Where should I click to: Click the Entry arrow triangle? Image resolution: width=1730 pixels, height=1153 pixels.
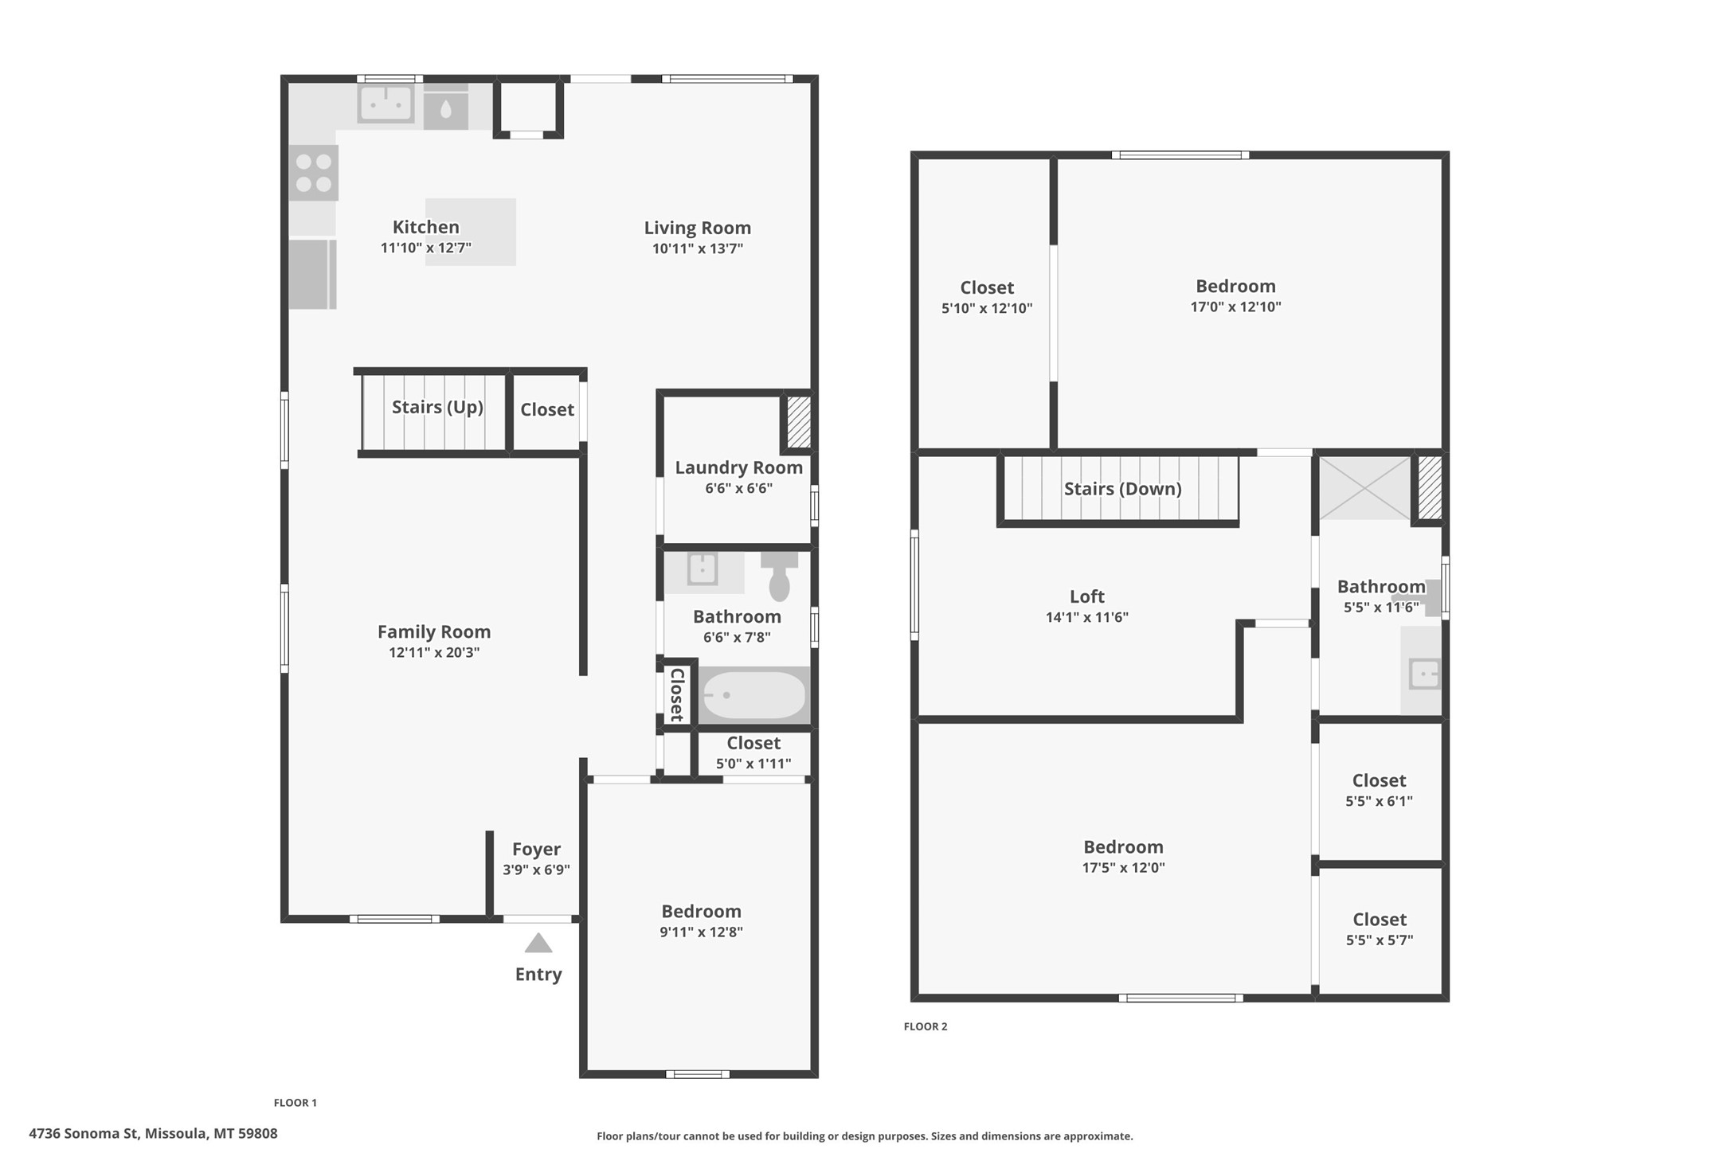pyautogui.click(x=538, y=944)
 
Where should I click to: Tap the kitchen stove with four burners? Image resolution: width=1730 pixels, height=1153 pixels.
pyautogui.click(x=313, y=173)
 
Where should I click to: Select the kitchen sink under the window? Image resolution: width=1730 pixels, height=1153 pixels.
pyautogui.click(x=386, y=104)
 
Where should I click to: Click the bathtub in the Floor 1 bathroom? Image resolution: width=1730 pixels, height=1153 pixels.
pyautogui.click(x=753, y=695)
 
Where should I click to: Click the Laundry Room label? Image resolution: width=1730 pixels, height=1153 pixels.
pyautogui.click(x=738, y=467)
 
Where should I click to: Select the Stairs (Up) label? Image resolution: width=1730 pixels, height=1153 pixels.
pyautogui.click(x=437, y=407)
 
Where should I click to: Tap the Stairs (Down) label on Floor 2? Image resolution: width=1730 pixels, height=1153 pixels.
pyautogui.click(x=1122, y=489)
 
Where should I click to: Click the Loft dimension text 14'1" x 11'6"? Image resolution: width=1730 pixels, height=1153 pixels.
pyautogui.click(x=1086, y=617)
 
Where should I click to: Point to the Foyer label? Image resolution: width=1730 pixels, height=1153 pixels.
pyautogui.click(x=536, y=849)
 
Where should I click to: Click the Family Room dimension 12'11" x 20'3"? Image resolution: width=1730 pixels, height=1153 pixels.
pyautogui.click(x=434, y=653)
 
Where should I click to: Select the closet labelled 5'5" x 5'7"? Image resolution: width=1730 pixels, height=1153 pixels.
pyautogui.click(x=1380, y=929)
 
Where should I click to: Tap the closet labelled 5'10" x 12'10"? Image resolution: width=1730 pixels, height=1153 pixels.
pyautogui.click(x=986, y=297)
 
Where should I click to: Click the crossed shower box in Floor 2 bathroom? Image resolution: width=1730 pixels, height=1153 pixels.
pyautogui.click(x=1364, y=487)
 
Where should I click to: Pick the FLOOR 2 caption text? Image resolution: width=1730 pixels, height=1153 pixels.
pyautogui.click(x=926, y=1026)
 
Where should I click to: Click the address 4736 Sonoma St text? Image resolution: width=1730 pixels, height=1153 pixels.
pyautogui.click(x=153, y=1133)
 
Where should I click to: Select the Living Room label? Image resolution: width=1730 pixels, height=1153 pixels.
pyautogui.click(x=697, y=228)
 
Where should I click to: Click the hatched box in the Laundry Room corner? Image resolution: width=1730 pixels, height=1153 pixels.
pyautogui.click(x=798, y=421)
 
